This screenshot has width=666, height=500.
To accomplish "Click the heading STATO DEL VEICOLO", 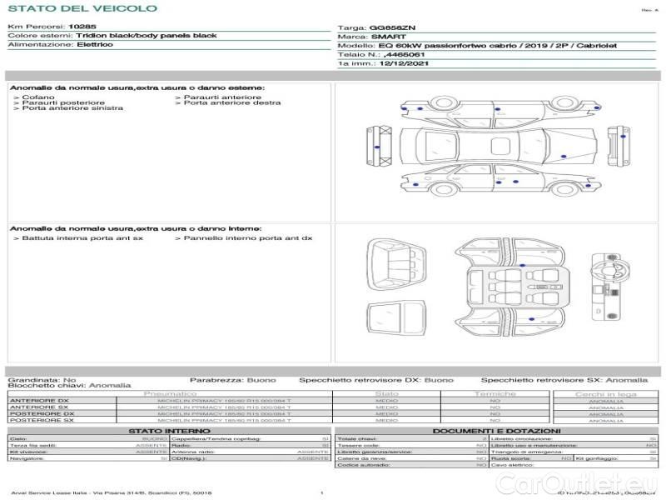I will (82, 8).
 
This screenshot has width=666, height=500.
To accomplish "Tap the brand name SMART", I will (388, 37).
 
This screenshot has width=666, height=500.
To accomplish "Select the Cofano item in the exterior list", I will (39, 97).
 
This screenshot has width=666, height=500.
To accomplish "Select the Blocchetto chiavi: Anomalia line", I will (69, 386).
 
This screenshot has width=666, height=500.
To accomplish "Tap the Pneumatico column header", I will (171, 393).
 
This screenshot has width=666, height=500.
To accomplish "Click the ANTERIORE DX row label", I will (39, 401).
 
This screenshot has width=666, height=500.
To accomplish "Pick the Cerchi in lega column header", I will (605, 393).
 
